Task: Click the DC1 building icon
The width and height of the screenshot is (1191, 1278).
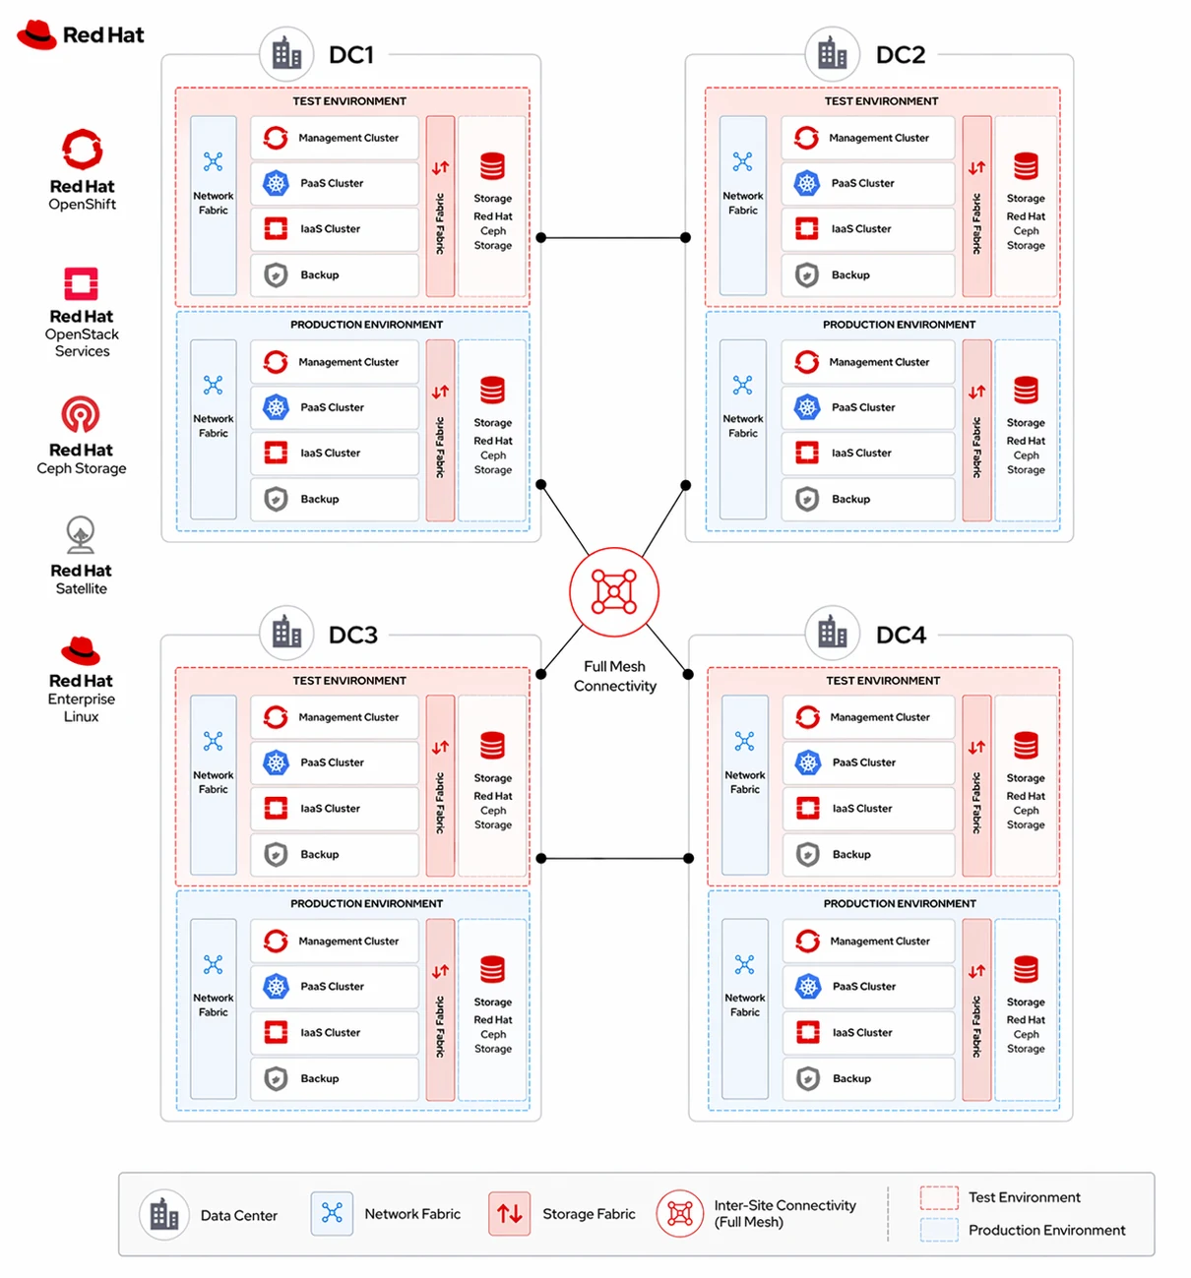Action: pyautogui.click(x=286, y=54)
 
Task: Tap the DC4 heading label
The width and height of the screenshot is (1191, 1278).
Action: pyautogui.click(x=900, y=635)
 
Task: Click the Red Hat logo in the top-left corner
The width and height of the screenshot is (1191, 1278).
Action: pyautogui.click(x=81, y=34)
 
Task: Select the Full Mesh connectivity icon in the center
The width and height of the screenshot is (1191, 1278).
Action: pyautogui.click(x=613, y=590)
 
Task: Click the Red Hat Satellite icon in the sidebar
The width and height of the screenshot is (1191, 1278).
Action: pyautogui.click(x=81, y=534)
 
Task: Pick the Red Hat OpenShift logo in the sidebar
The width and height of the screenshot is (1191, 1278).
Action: pyautogui.click(x=82, y=149)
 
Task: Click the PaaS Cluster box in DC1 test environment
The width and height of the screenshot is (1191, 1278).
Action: pyautogui.click(x=334, y=183)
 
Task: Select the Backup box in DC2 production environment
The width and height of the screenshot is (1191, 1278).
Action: pyautogui.click(x=867, y=499)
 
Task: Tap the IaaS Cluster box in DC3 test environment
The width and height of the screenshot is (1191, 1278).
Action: pyautogui.click(x=334, y=808)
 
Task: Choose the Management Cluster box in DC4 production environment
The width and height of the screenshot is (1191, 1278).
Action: pyautogui.click(x=867, y=941)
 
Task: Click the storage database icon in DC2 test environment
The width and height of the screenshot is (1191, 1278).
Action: pyautogui.click(x=1025, y=166)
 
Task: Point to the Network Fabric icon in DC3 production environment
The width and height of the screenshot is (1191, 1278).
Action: pyautogui.click(x=213, y=964)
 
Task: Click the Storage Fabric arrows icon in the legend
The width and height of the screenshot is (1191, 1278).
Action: pyautogui.click(x=509, y=1213)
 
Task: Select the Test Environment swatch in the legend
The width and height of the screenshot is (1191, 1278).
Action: pyautogui.click(x=938, y=1197)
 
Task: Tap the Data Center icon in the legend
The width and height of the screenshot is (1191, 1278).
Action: pyautogui.click(x=163, y=1214)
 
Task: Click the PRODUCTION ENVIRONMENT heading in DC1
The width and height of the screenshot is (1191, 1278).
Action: pyautogui.click(x=366, y=325)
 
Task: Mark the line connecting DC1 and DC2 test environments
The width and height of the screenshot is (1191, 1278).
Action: pyautogui.click(x=612, y=237)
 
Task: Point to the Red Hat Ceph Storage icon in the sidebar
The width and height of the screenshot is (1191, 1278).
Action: pyautogui.click(x=81, y=414)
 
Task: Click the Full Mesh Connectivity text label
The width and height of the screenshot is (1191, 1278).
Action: pyautogui.click(x=614, y=676)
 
